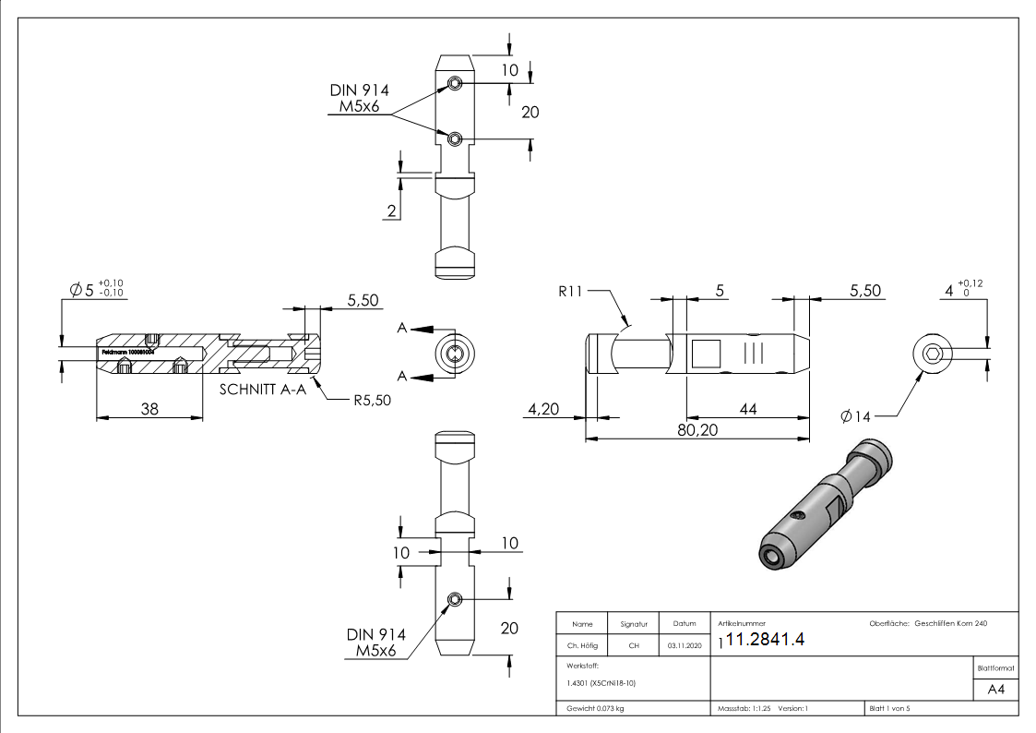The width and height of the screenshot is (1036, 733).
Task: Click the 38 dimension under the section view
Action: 149,408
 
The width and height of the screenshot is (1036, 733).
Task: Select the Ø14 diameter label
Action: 855,416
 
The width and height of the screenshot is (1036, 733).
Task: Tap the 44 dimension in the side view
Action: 747,409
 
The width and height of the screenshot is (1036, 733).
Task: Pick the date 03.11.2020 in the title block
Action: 684,645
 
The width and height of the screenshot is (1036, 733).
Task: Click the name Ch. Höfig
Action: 582,645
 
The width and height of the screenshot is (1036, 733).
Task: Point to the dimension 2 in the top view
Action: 391,211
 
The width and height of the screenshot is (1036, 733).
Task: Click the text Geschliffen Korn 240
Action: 950,624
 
